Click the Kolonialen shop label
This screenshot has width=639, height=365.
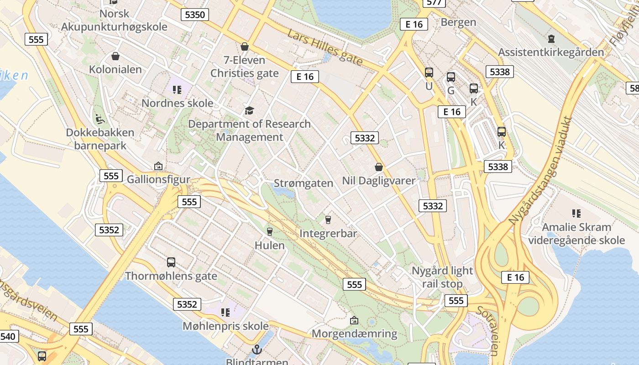pos(115,70)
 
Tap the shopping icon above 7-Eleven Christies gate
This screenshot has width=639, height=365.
pos(245,47)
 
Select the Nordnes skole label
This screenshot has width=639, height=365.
pos(177,103)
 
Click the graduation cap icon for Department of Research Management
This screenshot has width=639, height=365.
pos(249,110)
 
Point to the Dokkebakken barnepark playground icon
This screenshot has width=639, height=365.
pos(100,119)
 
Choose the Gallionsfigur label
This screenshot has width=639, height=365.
pos(158,179)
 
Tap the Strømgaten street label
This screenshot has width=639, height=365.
pos(304,183)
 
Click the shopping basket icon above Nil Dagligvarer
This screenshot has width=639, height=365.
pos(378,167)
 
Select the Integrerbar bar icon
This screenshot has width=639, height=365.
pos(328,220)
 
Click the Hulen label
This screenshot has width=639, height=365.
pos(269,245)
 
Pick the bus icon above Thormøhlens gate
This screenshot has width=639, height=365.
pos(171,262)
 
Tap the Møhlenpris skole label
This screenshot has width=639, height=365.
pos(225,326)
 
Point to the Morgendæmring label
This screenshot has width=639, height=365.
pos(354,334)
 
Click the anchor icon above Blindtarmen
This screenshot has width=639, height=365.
pos(257,350)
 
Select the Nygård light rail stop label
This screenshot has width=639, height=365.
pos(442,277)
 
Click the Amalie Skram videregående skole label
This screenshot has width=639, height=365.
pos(576,234)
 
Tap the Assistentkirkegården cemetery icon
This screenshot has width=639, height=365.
pos(551,39)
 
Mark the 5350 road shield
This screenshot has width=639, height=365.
pos(195,15)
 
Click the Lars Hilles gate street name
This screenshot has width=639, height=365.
pos(325,47)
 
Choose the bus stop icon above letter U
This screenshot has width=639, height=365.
pos(429,73)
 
